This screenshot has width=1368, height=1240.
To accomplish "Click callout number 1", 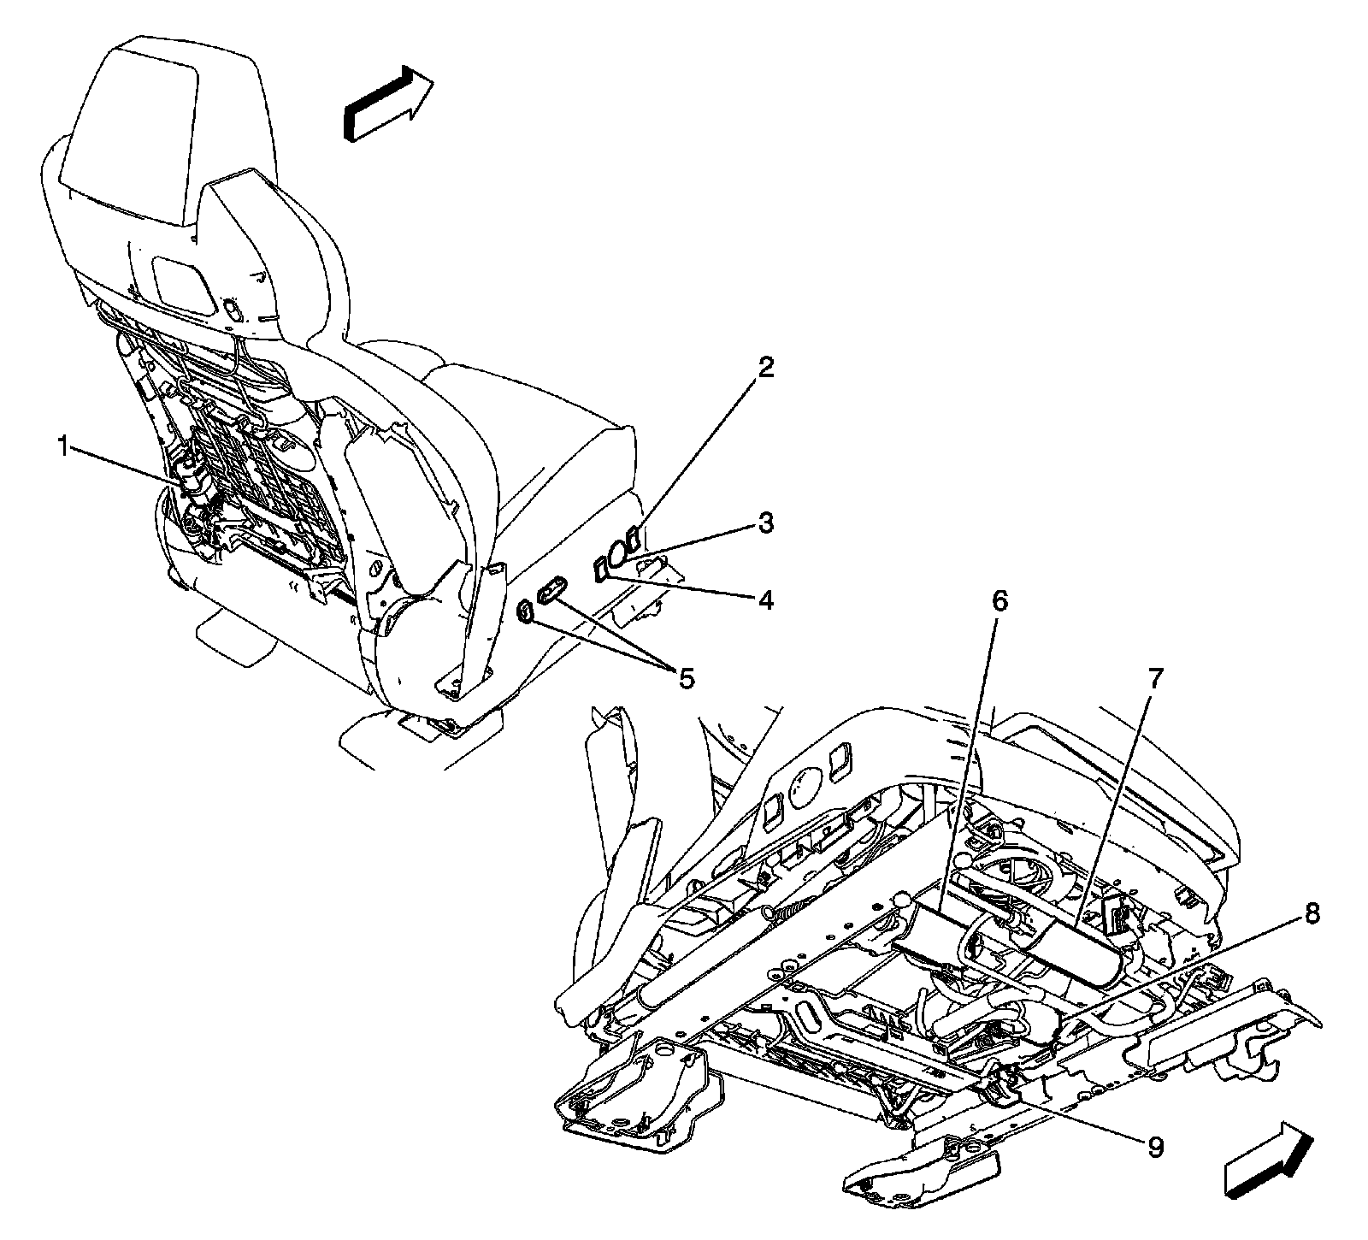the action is click(62, 446).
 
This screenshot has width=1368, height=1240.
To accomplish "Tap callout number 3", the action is click(764, 522).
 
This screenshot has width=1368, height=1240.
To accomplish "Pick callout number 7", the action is click(1154, 680).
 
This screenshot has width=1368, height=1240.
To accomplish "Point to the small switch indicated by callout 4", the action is click(600, 569).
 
